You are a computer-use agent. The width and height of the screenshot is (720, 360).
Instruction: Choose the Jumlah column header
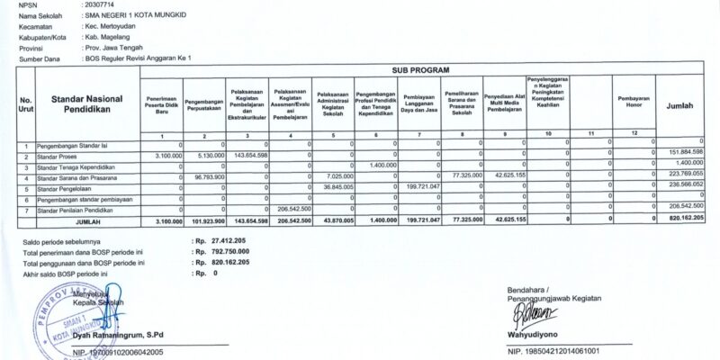(679, 105)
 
